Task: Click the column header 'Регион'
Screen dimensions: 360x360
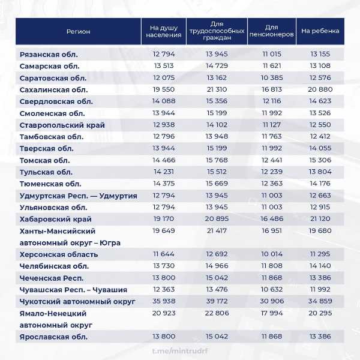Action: [x=78, y=31]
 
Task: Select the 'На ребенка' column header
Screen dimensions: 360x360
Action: [x=320, y=31]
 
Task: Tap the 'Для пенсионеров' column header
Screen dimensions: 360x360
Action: [x=271, y=31]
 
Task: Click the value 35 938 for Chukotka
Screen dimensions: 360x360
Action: [x=163, y=301]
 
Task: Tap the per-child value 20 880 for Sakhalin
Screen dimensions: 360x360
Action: [x=320, y=89]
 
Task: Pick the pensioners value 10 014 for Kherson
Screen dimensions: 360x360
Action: [x=271, y=254]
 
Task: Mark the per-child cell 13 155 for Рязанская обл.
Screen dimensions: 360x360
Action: [x=320, y=55]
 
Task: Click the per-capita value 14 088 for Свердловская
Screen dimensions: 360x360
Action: [x=163, y=101]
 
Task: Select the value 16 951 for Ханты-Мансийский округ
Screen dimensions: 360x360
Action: [x=271, y=231]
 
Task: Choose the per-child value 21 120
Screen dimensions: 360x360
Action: [x=320, y=219]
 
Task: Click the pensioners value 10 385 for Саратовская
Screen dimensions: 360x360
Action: [x=271, y=78]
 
